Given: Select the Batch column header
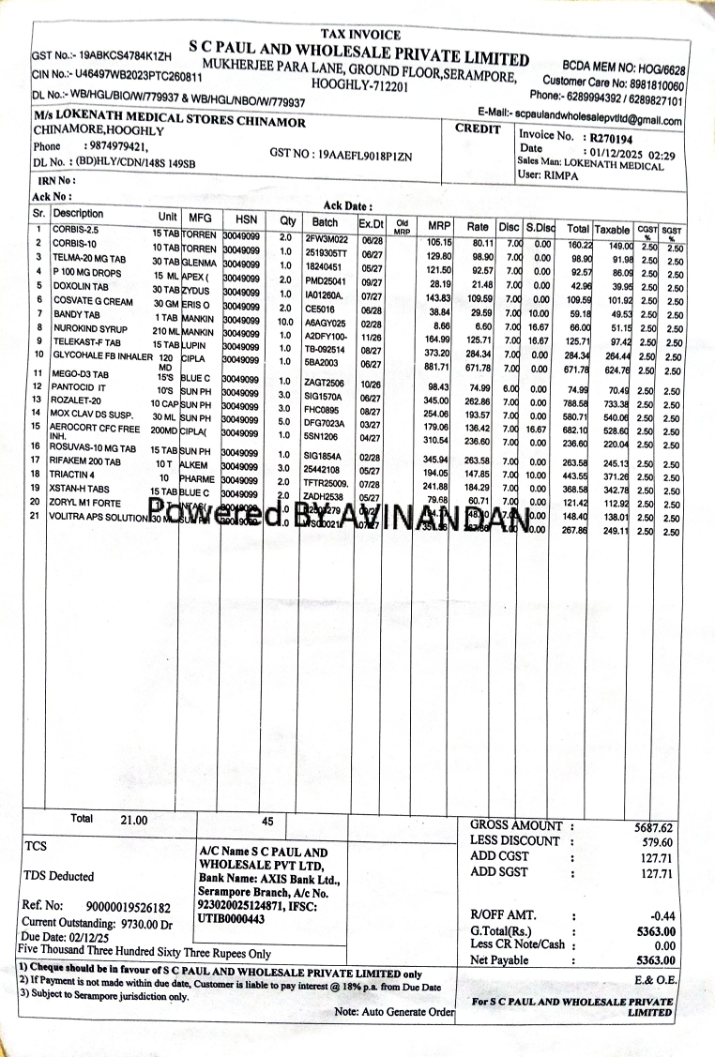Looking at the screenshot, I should click(x=325, y=223).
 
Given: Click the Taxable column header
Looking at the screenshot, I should click(x=612, y=229).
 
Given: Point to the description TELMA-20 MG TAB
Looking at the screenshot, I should click(x=89, y=258).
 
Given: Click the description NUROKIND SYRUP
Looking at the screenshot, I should click(x=91, y=328).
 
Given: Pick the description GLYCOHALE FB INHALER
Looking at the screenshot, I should click(x=101, y=355).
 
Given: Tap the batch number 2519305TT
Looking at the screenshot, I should click(x=327, y=252).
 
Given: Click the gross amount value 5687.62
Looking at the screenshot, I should click(x=653, y=828).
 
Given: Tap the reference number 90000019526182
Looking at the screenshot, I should click(x=128, y=907).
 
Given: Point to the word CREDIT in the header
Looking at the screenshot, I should click(x=479, y=129).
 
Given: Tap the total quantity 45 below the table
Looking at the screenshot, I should click(x=267, y=821).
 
